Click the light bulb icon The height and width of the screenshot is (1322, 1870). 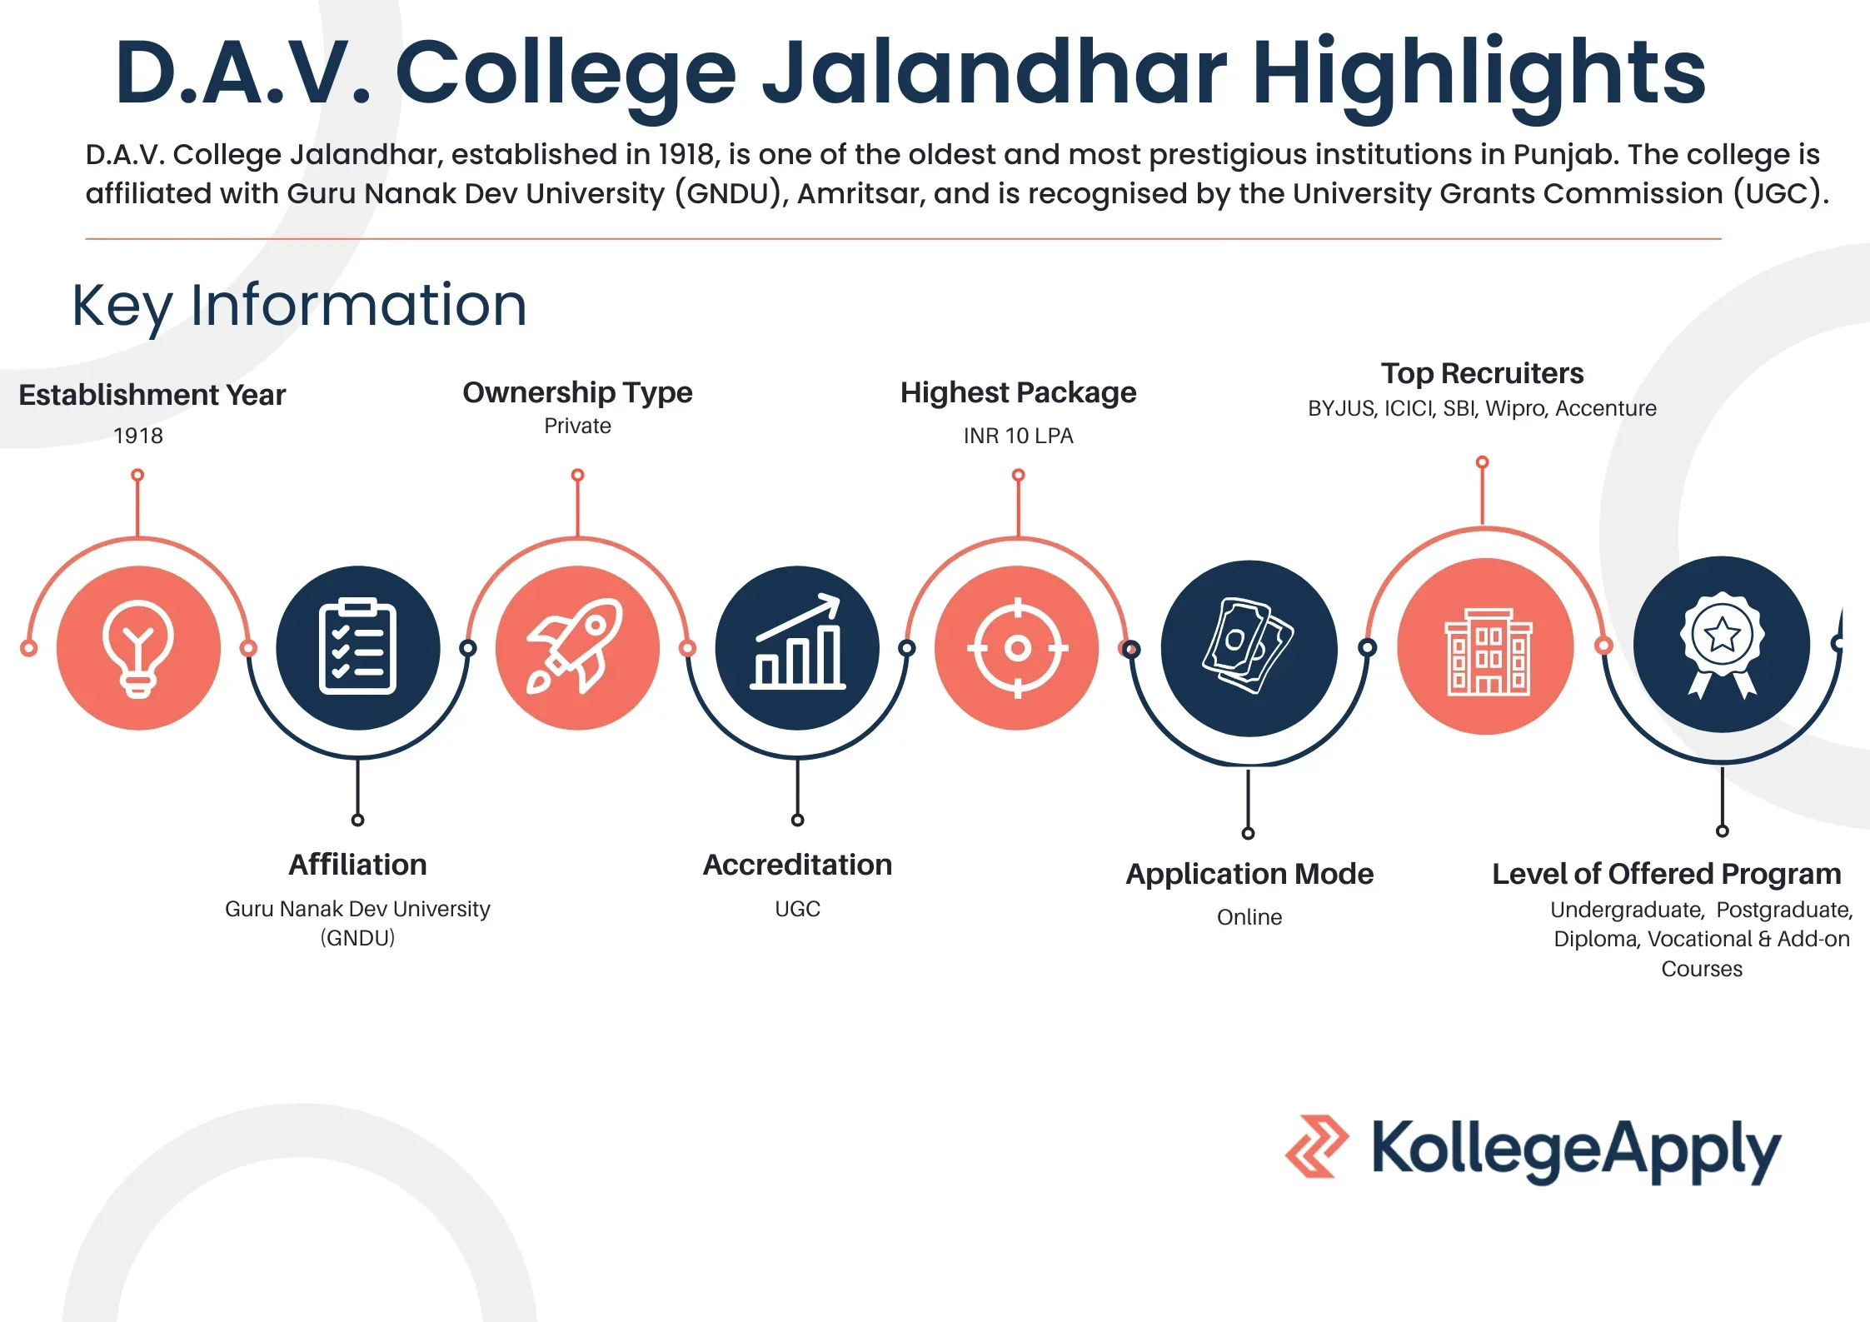[138, 648]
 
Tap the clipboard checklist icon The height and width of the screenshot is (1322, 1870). [357, 647]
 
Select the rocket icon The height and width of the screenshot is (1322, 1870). [576, 646]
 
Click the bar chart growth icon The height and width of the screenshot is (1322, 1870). [797, 644]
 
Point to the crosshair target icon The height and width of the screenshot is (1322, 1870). [1017, 647]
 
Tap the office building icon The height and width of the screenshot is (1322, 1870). [1487, 650]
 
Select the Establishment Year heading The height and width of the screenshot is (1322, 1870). [152, 395]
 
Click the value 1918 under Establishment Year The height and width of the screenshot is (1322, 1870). [138, 436]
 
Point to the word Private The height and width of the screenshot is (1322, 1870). [577, 426]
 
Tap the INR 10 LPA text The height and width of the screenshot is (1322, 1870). [1018, 436]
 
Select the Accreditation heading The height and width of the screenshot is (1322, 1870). [797, 865]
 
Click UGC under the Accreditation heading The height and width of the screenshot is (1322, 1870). [797, 909]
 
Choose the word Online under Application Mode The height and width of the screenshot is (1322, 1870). [1249, 917]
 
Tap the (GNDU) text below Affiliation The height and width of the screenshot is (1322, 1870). [357, 938]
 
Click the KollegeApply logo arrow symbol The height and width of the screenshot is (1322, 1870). [1316, 1146]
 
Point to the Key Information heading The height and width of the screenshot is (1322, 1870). [299, 305]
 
